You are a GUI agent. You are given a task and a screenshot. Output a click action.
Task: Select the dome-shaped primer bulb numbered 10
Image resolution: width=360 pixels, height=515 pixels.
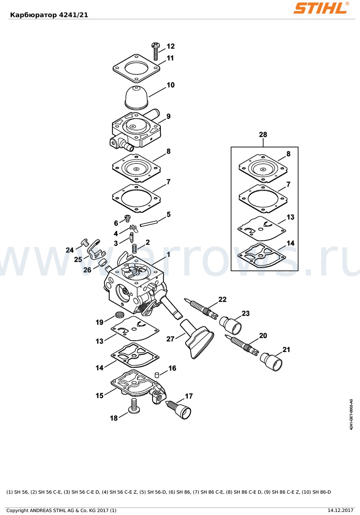[x=137, y=97]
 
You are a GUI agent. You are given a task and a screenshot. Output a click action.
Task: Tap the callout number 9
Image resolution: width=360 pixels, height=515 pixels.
[x=168, y=116]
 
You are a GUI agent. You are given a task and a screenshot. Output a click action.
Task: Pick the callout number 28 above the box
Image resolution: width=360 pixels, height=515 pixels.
[x=263, y=134]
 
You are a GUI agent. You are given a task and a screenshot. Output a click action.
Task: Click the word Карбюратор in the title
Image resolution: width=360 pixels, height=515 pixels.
[x=33, y=15]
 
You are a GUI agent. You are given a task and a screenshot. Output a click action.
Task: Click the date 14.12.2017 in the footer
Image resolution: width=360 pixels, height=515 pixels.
[x=340, y=510]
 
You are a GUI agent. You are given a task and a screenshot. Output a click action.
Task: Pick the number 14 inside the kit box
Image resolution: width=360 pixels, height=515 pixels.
[x=290, y=243]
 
